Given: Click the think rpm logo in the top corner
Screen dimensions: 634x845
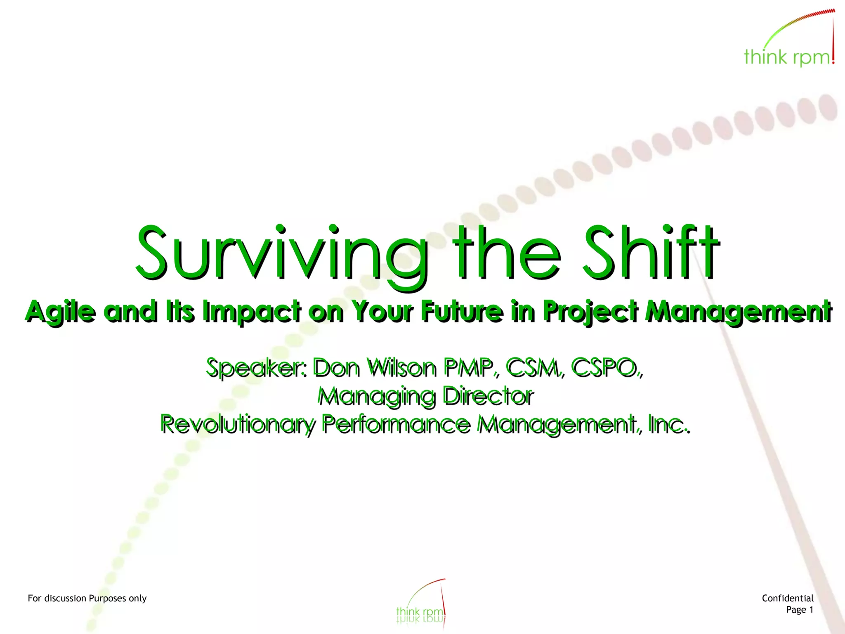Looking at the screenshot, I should [x=789, y=41].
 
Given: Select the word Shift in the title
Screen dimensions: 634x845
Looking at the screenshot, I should [x=651, y=252].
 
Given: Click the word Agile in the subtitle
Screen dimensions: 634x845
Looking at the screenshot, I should [x=61, y=312].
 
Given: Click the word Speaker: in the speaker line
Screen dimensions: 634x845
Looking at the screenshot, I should [x=256, y=368].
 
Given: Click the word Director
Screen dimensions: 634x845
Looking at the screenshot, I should [x=488, y=396].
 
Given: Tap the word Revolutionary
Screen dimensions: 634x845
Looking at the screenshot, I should [x=238, y=424].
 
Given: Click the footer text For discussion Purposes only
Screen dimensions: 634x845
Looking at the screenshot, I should [x=87, y=598].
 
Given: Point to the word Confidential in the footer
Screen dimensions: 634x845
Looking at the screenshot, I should [x=787, y=598].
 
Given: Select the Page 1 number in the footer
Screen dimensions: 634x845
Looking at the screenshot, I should [x=799, y=610].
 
